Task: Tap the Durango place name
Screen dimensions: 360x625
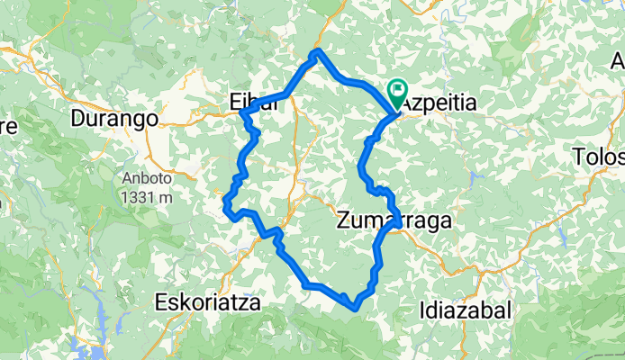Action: (x=114, y=118)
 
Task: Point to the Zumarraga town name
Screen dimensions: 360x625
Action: (x=394, y=219)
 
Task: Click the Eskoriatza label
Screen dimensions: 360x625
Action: (x=208, y=302)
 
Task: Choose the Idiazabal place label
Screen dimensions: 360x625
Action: (x=466, y=310)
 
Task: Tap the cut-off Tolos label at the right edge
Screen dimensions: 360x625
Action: (x=601, y=157)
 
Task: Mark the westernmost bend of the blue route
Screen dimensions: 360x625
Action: (x=225, y=209)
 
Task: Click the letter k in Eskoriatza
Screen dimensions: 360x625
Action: (x=185, y=302)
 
